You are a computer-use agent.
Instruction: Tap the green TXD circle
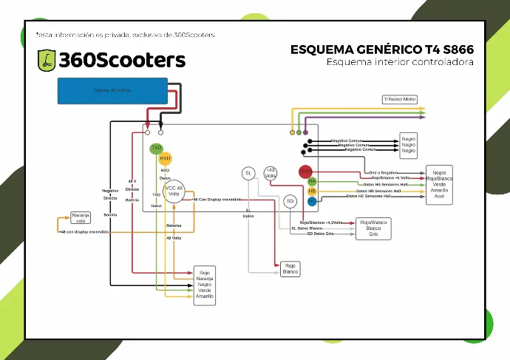point(156,148)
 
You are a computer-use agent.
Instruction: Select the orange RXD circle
point(166,158)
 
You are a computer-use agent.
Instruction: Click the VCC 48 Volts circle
point(174,191)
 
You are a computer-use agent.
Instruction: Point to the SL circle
point(248,173)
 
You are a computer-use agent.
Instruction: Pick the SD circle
point(290,201)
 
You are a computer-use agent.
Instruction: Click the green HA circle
point(312,181)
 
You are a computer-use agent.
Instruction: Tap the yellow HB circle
point(312,191)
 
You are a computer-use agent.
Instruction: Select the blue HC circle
point(312,200)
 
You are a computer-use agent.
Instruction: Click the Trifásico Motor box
point(400,99)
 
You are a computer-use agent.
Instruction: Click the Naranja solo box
point(81,218)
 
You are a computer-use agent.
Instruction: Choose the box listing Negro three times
point(409,144)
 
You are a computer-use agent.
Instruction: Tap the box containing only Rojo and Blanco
point(289,268)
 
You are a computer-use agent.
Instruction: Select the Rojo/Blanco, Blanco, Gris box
point(373,227)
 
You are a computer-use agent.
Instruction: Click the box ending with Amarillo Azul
point(439,185)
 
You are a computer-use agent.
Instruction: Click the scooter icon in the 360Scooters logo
point(46,61)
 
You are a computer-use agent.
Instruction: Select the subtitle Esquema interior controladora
point(400,61)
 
